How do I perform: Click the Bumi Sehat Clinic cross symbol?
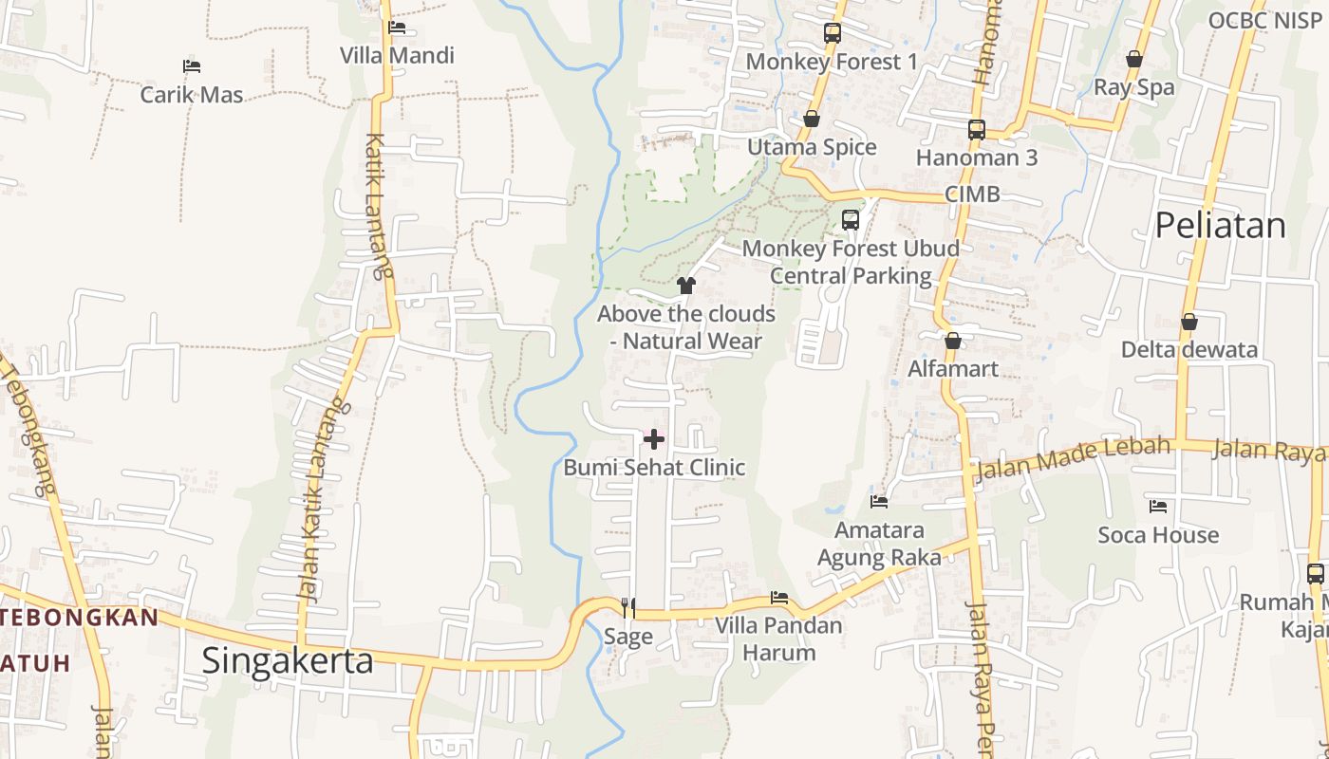654,439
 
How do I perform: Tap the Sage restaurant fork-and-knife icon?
627,607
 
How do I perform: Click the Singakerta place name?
288,661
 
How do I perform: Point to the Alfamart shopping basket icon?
952,341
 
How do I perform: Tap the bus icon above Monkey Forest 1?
833,33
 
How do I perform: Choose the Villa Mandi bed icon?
397,28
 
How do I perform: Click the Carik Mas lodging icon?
192,66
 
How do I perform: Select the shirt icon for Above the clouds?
686,285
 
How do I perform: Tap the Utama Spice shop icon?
812,120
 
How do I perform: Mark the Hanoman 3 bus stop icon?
977,130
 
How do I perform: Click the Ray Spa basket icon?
1133,60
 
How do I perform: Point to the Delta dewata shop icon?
1189,323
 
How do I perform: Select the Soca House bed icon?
1158,507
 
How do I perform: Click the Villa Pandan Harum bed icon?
779,598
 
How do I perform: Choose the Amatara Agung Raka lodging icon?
879,501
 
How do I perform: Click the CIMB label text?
972,194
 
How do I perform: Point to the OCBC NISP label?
1267,20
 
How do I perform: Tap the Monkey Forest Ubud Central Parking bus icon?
851,220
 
